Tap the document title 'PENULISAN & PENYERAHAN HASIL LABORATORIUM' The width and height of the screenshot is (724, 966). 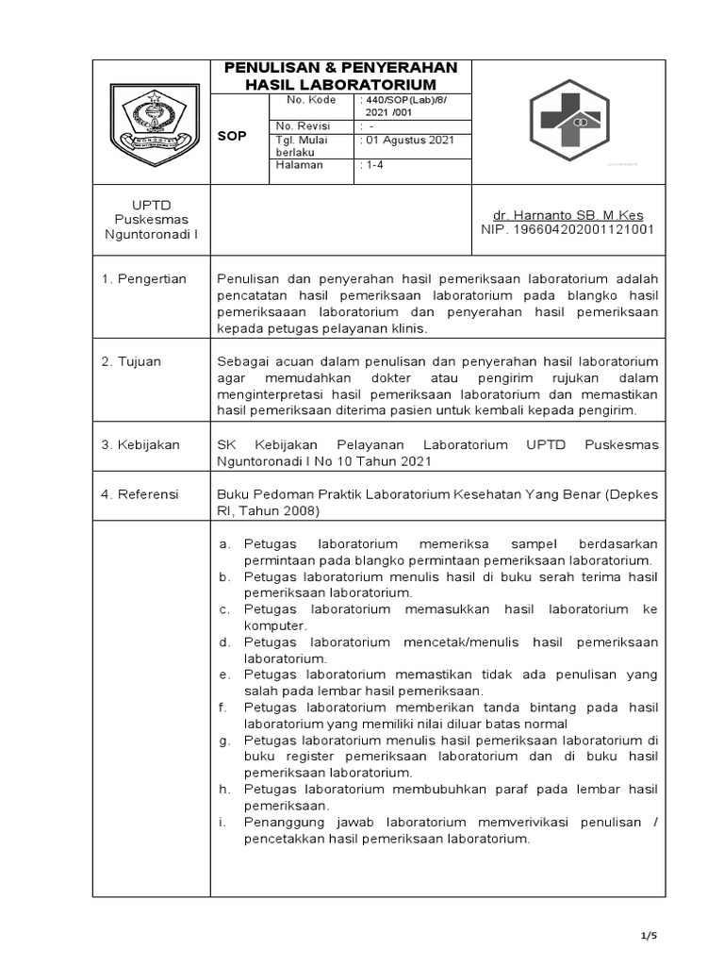tap(340, 76)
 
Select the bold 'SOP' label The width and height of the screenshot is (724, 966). tap(232, 136)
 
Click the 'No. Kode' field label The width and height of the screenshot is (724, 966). tap(304, 100)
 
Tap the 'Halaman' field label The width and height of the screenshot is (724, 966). tap(299, 165)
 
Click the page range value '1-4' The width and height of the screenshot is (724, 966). tap(373, 165)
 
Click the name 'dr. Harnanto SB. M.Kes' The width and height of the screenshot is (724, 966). tap(562, 215)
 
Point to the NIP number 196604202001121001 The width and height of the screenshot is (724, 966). tap(568, 229)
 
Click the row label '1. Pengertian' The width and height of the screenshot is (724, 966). tap(145, 278)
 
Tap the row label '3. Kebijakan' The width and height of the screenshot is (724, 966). tap(141, 444)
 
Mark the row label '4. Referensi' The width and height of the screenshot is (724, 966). tap(141, 493)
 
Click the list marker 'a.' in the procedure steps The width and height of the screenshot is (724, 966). tap(224, 544)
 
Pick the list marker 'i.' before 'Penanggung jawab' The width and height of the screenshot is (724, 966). tap(222, 823)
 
